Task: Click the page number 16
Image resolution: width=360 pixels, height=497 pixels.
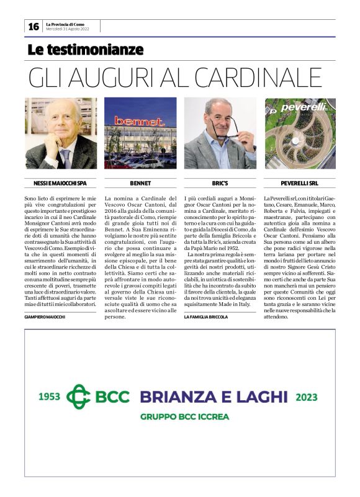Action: click(34, 27)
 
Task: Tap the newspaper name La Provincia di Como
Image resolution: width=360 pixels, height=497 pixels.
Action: click(66, 24)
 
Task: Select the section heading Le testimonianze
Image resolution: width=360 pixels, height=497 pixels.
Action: click(86, 50)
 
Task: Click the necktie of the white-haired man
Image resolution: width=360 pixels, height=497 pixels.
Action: click(65, 158)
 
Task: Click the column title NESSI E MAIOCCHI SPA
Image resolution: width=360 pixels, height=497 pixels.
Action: click(60, 183)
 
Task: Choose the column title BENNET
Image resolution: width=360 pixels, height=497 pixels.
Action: click(140, 183)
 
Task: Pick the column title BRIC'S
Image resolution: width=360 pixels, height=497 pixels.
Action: click(220, 183)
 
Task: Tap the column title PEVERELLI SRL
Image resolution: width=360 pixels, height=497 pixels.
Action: click(300, 183)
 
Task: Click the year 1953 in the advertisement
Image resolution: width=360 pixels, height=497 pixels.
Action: click(50, 396)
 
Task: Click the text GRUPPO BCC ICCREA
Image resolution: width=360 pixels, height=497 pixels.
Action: click(184, 417)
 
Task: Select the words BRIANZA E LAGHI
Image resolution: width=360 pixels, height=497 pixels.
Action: click(213, 396)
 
